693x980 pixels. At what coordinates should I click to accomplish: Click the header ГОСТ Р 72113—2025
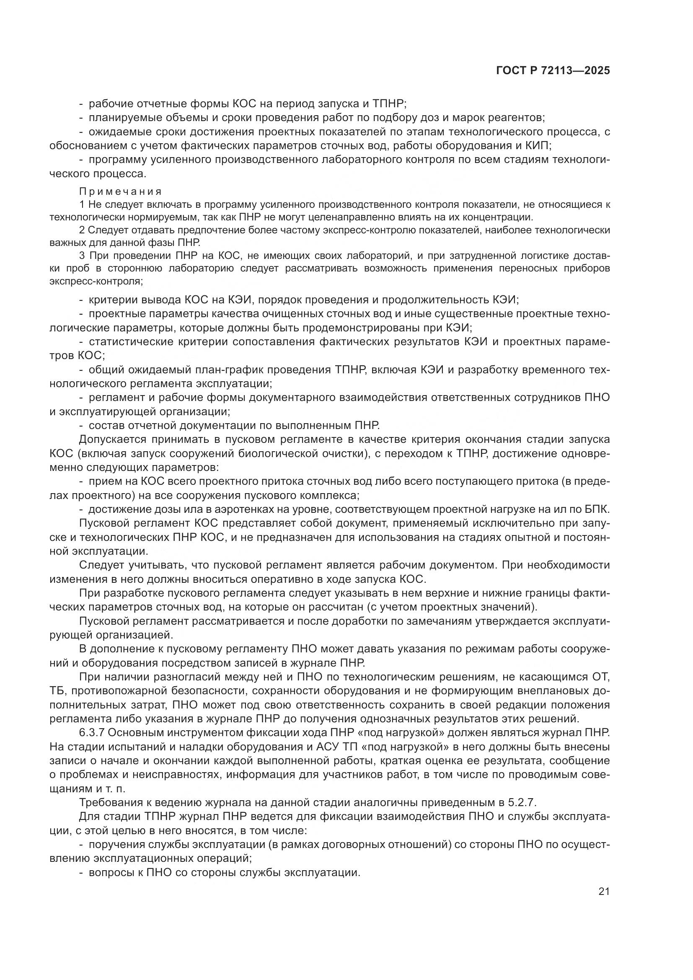553,71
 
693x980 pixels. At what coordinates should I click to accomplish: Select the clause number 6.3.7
93,733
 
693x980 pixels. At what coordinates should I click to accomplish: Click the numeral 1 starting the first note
82,204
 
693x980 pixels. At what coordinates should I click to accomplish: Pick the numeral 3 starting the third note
82,256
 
